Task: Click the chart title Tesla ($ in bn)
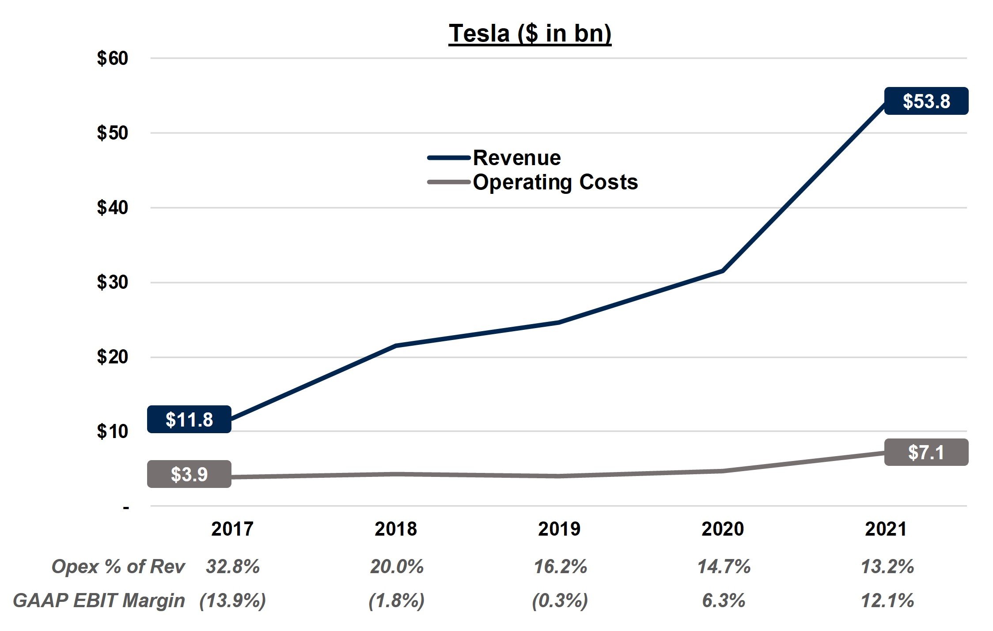pos(530,34)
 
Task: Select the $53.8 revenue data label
pos(926,101)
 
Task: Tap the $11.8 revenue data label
pos(189,419)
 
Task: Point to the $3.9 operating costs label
pos(189,474)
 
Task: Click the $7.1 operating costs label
pos(926,452)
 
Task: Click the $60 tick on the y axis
pos(113,58)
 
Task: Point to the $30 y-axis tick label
pos(113,282)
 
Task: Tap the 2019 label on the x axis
pos(559,529)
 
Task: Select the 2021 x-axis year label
pos(886,529)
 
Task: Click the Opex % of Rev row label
pos(118,567)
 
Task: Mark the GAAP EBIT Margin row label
pos(99,601)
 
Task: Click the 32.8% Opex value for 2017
pos(233,567)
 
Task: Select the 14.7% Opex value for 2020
pos(724,567)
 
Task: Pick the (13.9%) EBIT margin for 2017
pos(233,601)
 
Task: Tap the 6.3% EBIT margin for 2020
pos(724,601)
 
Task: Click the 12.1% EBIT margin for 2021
pos(887,601)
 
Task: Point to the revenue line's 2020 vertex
pos(723,270)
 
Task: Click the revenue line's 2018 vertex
pos(396,345)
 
